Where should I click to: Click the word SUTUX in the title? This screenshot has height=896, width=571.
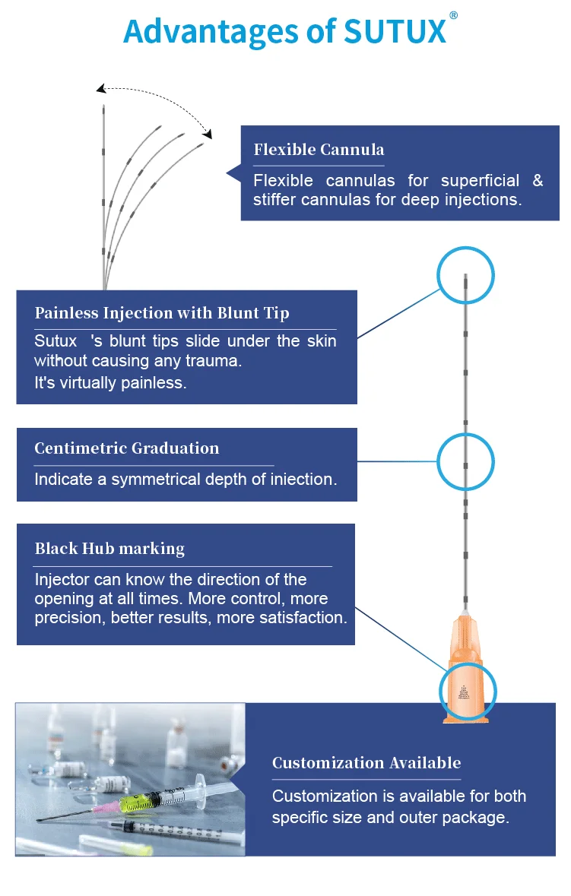[x=394, y=31]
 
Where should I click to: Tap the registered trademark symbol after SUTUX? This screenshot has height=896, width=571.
[x=454, y=16]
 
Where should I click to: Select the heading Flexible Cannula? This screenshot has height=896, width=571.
[x=319, y=149]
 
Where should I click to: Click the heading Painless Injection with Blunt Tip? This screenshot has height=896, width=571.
[x=162, y=313]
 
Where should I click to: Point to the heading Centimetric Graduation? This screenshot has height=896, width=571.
[x=127, y=448]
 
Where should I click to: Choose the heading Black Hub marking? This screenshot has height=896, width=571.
[x=109, y=548]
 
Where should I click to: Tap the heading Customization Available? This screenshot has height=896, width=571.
[x=366, y=763]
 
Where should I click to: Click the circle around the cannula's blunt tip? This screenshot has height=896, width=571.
[x=465, y=275]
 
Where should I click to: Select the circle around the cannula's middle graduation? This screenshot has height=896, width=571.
[x=465, y=461]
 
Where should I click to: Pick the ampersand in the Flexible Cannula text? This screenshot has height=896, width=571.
[x=538, y=181]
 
